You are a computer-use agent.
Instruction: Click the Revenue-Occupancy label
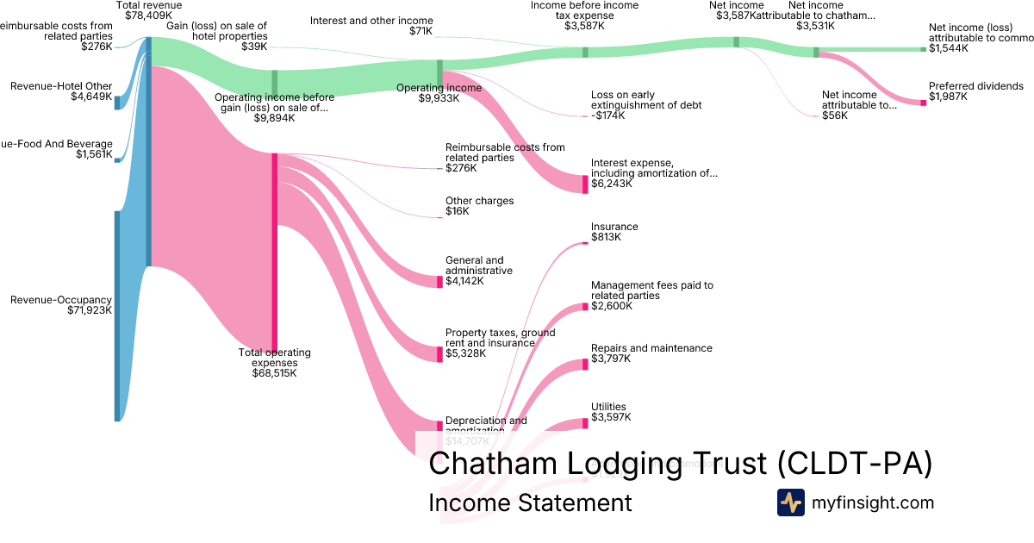(x=60, y=300)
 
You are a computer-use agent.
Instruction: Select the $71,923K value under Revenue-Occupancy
(x=89, y=310)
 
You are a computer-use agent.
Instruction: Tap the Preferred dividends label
(x=975, y=86)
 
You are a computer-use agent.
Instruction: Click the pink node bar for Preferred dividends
(x=923, y=103)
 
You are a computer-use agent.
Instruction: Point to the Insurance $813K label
(x=614, y=232)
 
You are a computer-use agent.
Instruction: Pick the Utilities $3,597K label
(x=610, y=412)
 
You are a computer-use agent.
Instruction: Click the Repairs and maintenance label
(x=651, y=348)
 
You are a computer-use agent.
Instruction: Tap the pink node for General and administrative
(x=439, y=282)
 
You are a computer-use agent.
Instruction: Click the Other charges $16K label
(x=479, y=206)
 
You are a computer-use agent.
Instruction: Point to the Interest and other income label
(x=371, y=21)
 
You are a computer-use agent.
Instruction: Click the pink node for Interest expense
(x=585, y=183)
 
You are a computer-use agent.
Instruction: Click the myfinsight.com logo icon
(x=791, y=502)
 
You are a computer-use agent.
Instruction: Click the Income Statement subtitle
(x=530, y=502)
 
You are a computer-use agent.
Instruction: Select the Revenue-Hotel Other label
(x=60, y=86)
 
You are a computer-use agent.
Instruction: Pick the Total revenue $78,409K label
(x=148, y=10)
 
